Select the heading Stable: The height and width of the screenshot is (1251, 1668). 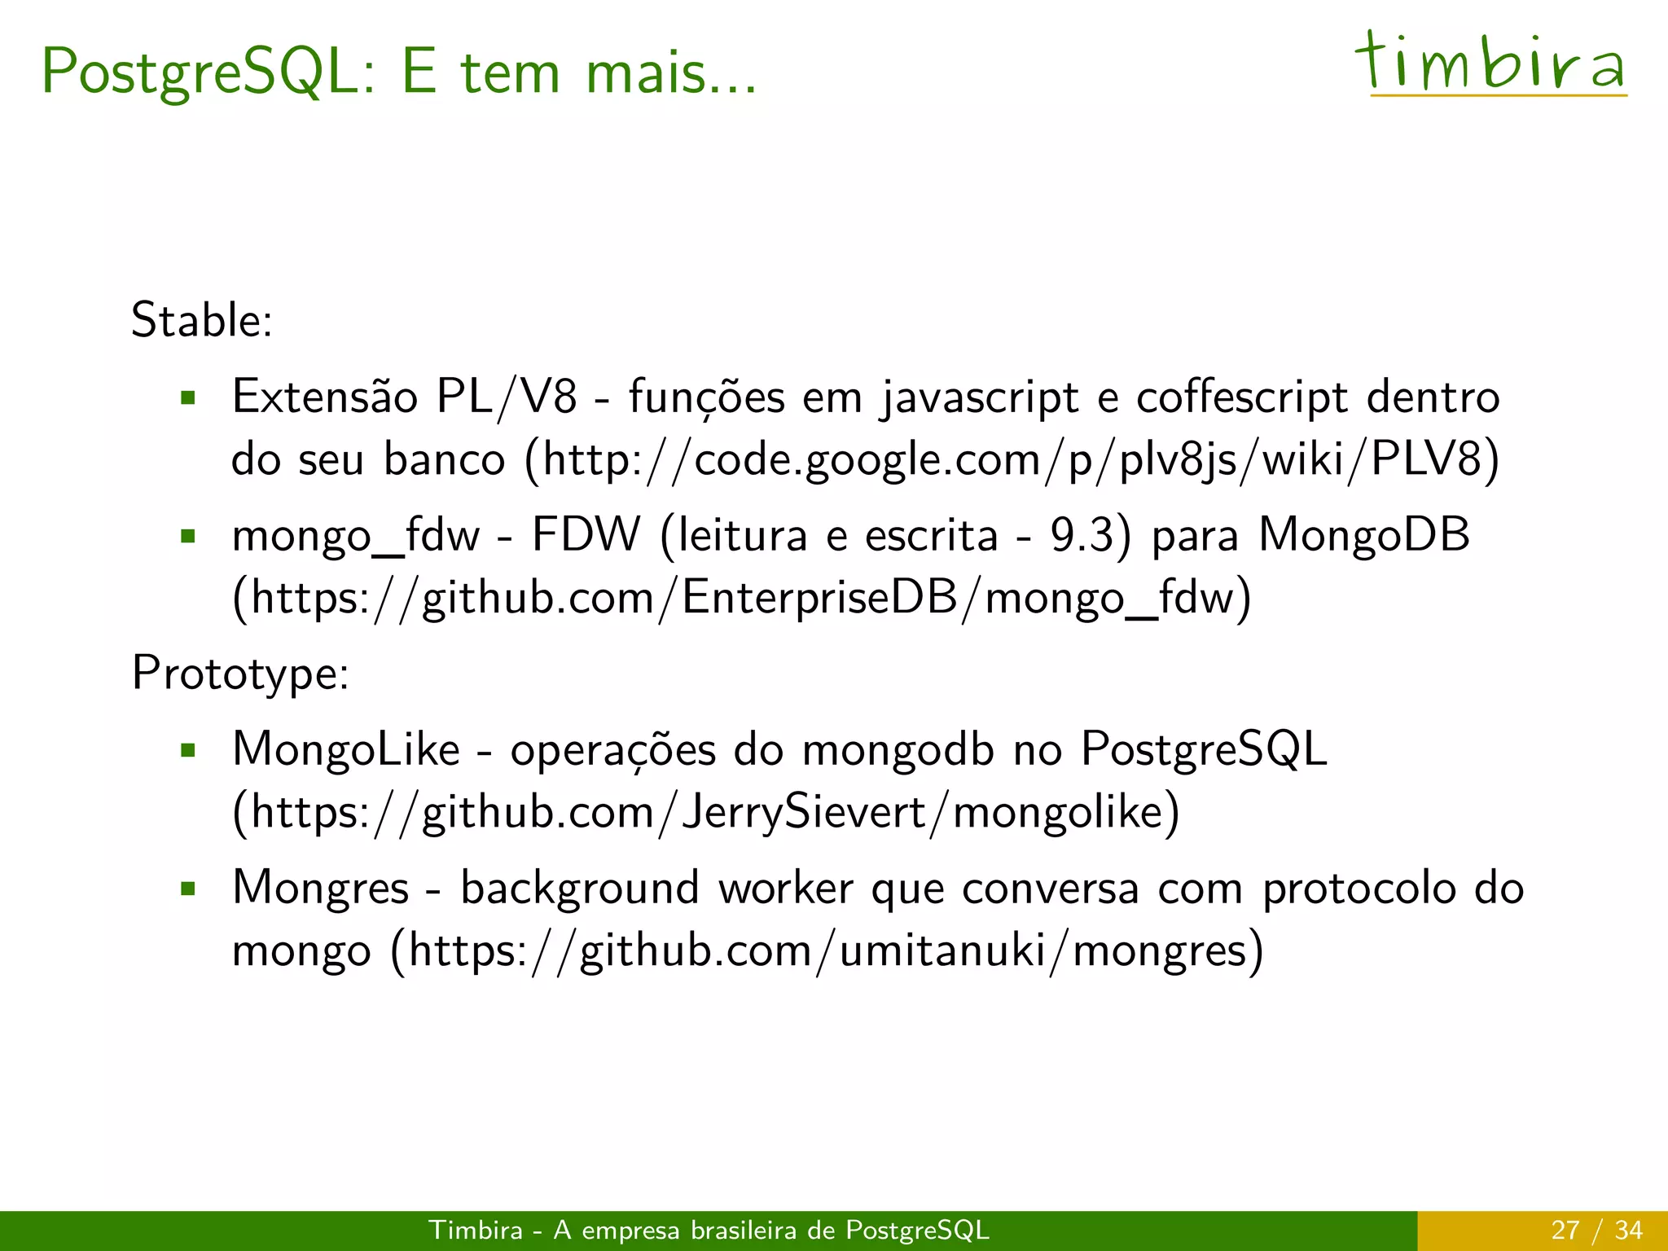[202, 320]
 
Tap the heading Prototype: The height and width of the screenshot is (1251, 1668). [240, 674]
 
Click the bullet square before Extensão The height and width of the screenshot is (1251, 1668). [189, 398]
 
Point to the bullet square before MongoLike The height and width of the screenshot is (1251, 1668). [189, 750]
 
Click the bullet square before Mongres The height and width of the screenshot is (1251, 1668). [189, 889]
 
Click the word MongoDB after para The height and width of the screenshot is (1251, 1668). [1364, 535]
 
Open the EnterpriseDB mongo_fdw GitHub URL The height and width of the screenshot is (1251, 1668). [741, 599]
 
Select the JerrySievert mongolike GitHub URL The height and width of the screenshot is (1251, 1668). [705, 812]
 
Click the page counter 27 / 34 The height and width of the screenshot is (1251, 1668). [1596, 1230]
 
